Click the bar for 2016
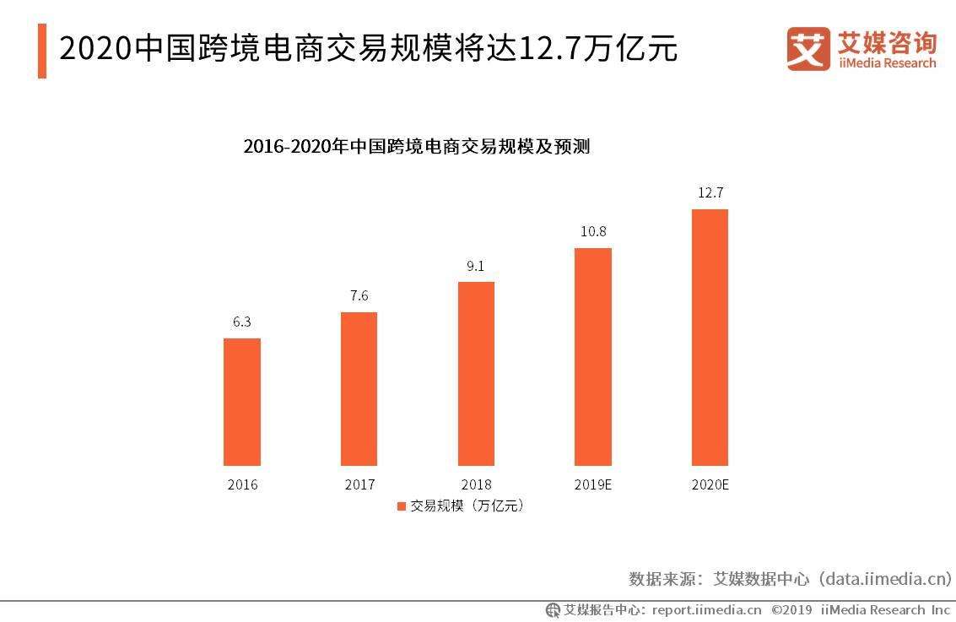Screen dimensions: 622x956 (242, 402)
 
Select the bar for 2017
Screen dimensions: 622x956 (359, 388)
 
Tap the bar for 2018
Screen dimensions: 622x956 (476, 373)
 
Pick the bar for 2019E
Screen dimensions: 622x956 (593, 356)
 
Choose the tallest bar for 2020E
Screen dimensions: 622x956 (710, 337)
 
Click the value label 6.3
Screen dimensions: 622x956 (242, 322)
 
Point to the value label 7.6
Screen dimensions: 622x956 (359, 295)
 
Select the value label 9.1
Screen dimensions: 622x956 (476, 266)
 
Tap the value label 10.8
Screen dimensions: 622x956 (593, 231)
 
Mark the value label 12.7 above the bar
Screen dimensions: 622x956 (710, 192)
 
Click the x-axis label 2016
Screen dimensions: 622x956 (242, 485)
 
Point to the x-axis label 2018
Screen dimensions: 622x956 (476, 485)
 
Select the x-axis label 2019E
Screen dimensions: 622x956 (593, 485)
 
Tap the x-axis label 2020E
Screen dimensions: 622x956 (710, 485)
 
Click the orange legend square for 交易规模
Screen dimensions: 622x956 (401, 506)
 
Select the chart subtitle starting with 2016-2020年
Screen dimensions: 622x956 (416, 146)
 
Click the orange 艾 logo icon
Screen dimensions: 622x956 (808, 49)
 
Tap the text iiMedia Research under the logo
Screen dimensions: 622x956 (887, 63)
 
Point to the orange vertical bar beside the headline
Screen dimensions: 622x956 (42, 51)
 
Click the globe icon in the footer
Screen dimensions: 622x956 (553, 609)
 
